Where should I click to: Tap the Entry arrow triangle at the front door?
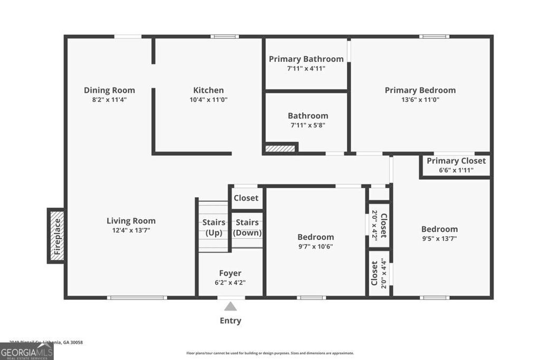point(230,306)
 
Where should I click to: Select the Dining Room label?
point(109,90)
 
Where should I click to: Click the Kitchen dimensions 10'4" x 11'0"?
point(208,100)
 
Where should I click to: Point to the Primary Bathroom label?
point(306,59)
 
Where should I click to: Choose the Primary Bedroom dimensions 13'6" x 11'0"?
point(420,100)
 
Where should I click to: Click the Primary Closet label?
point(456,161)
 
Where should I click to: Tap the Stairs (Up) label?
point(214,228)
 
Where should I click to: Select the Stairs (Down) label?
point(247,228)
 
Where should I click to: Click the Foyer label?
point(230,273)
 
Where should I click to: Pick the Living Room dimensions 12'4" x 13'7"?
point(131,230)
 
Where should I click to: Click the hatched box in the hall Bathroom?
point(280,148)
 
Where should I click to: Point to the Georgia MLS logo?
point(26,351)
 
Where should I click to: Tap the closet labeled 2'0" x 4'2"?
point(379,225)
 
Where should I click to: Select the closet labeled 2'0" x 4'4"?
point(379,273)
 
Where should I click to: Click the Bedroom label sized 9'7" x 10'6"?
point(315,237)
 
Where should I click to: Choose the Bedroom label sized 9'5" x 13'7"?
point(439,229)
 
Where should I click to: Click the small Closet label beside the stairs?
point(246,198)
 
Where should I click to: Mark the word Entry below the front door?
point(230,320)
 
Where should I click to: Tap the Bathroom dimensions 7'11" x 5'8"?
point(307,125)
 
